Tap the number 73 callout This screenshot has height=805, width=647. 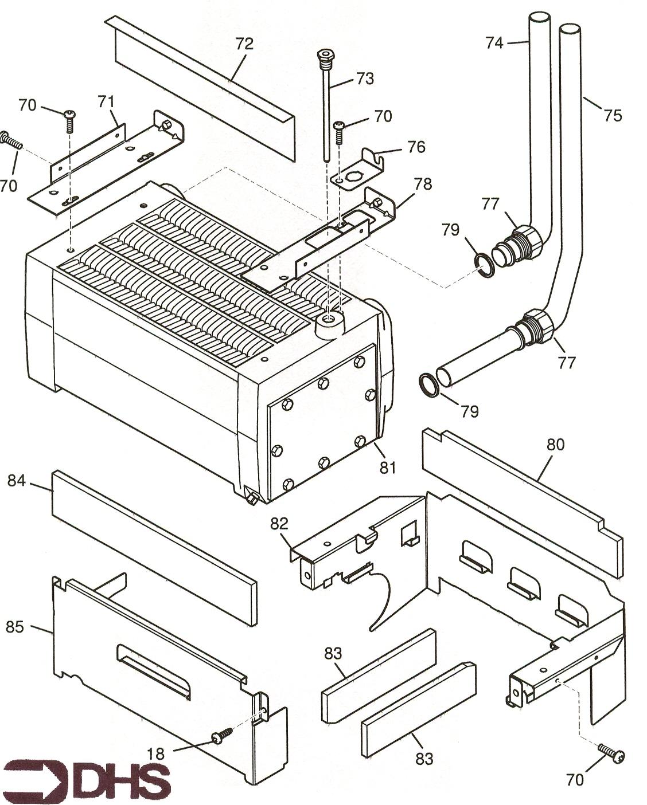365,78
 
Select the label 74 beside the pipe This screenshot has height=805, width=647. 494,42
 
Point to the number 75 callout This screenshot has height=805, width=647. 612,115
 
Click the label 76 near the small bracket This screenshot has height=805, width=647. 416,147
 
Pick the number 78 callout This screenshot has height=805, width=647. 423,184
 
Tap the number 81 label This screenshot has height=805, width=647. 388,468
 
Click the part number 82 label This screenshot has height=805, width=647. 280,524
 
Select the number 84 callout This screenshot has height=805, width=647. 17,480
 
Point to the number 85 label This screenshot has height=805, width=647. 15,627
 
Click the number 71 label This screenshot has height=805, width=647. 106,102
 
